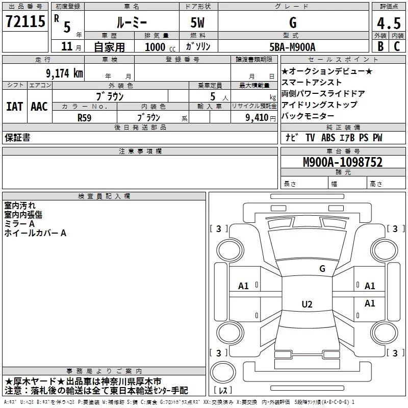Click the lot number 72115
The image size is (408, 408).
pyautogui.click(x=25, y=21)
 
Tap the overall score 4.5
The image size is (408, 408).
pyautogui.click(x=389, y=23)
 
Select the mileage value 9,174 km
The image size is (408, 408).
pyautogui.click(x=65, y=73)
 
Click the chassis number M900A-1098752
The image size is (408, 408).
pyautogui.click(x=343, y=162)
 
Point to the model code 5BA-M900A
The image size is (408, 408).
pyautogui.click(x=292, y=47)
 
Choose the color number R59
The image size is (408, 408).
pyautogui.click(x=84, y=118)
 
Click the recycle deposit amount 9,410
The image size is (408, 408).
pyautogui.click(x=257, y=118)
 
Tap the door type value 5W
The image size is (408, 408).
pyautogui.click(x=197, y=22)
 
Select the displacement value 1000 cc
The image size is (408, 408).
pyautogui.click(x=160, y=47)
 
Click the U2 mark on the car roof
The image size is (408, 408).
pyautogui.click(x=307, y=304)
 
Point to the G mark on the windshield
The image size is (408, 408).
pyautogui.click(x=322, y=268)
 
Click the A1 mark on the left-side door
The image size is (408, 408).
pyautogui.click(x=243, y=286)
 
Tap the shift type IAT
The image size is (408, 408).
pyautogui.click(x=14, y=107)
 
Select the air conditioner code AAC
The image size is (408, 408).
pyautogui.click(x=39, y=107)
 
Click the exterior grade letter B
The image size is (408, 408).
pyautogui.click(x=380, y=46)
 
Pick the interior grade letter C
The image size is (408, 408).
pyautogui.click(x=397, y=46)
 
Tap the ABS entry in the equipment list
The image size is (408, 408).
pyautogui.click(x=328, y=138)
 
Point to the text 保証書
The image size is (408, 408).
pyautogui.click(x=17, y=138)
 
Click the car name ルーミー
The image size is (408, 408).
pyautogui.click(x=132, y=22)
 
